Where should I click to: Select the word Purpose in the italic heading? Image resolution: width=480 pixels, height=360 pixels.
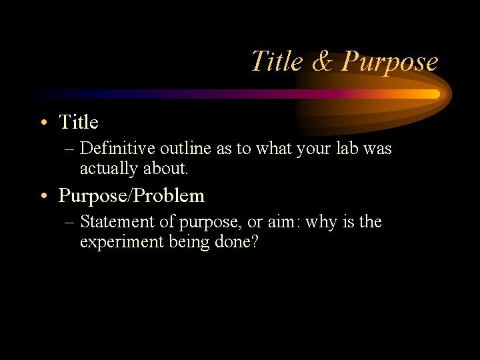pyautogui.click(x=389, y=63)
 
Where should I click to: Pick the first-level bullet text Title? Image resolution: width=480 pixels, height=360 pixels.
pyautogui.click(x=78, y=122)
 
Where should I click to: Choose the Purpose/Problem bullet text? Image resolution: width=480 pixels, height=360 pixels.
pyautogui.click(x=131, y=196)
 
